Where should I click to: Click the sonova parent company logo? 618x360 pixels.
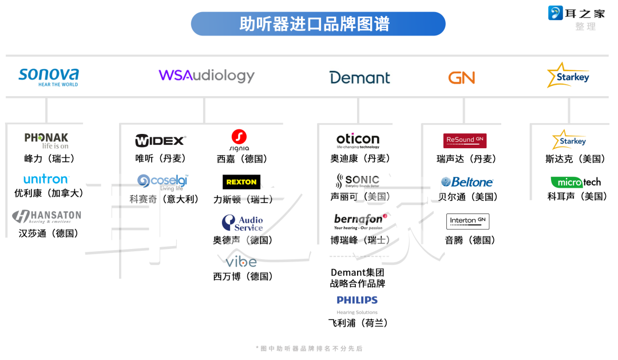pos(49,77)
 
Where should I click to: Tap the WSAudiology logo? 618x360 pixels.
pos(207,76)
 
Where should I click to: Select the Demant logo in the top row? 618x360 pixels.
pos(359,78)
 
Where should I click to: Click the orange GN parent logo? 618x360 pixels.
pos(461,78)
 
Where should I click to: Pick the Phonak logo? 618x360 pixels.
pos(46,140)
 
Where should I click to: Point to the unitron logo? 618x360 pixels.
pos(46,179)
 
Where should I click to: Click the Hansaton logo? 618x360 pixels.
pos(47,216)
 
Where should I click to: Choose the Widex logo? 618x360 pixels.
pos(160,140)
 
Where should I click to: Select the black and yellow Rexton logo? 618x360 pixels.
pos(241,182)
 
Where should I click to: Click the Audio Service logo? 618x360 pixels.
pos(243,223)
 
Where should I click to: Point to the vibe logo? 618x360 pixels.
pos(241,262)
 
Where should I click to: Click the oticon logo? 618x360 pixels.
pos(358,140)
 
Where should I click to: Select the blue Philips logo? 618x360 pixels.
pos(357,300)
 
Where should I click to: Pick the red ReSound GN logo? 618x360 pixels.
pos(465,140)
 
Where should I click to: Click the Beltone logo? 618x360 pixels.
pos(467,182)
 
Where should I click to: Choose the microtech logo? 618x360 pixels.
pos(576,182)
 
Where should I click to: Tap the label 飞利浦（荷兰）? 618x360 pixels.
pos(358,323)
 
